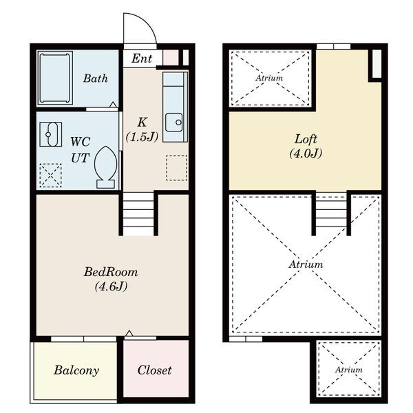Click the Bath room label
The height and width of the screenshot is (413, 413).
pyautogui.click(x=96, y=78)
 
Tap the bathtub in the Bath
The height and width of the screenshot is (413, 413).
pyautogui.click(x=55, y=78)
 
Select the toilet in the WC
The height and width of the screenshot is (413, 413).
pyautogui.click(x=105, y=167)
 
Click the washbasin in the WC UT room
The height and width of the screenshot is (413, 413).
pyautogui.click(x=51, y=134)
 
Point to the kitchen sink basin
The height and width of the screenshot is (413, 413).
pyautogui.click(x=174, y=123)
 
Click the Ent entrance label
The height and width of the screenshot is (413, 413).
pyautogui.click(x=142, y=59)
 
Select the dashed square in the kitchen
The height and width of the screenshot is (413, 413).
pyautogui.click(x=177, y=168)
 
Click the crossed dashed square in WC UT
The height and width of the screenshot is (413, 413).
pyautogui.click(x=50, y=176)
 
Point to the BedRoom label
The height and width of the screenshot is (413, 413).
pyautogui.click(x=111, y=272)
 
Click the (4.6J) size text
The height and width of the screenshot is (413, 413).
pyautogui.click(x=111, y=286)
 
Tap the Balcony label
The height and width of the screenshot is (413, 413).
pyautogui.click(x=76, y=370)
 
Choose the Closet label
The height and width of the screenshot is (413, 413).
pyautogui.click(x=155, y=370)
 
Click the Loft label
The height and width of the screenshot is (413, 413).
pyautogui.click(x=306, y=139)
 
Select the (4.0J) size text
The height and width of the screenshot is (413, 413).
pyautogui.click(x=306, y=153)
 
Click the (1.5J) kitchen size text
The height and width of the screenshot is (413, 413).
pyautogui.click(x=142, y=137)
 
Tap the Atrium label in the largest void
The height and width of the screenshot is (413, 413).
pyautogui.click(x=306, y=264)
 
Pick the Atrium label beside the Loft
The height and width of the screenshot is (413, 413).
pyautogui.click(x=269, y=78)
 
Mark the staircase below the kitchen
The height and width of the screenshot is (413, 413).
pyautogui.click(x=138, y=214)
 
